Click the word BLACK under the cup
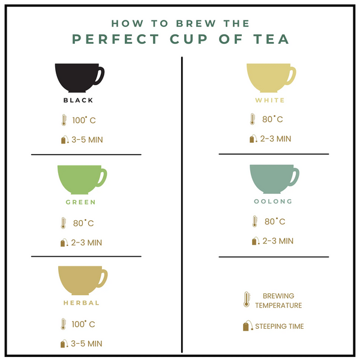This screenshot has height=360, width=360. [79, 100]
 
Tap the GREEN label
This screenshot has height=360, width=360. [80, 202]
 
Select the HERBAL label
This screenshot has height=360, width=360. [82, 303]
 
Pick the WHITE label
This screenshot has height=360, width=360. [270, 100]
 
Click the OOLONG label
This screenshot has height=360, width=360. [273, 202]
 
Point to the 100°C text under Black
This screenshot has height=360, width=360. [83, 120]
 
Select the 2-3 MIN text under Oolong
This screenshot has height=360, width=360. [277, 241]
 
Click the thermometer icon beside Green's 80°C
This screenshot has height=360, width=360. [62, 223]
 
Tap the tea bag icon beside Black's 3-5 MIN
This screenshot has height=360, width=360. [63, 140]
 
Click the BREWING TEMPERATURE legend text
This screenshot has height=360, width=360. [278, 301]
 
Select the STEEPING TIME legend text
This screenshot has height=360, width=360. [280, 326]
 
